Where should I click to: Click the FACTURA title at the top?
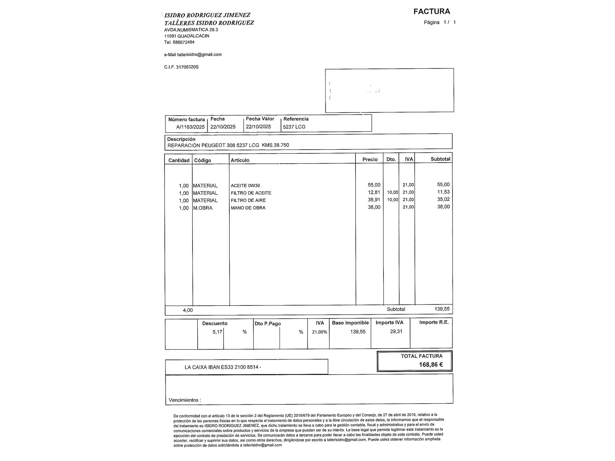[x=431, y=12]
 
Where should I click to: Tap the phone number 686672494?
[x=184, y=42]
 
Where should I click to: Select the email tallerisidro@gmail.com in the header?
[x=199, y=55]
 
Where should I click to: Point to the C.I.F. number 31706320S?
[x=187, y=67]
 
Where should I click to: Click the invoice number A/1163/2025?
[x=190, y=127]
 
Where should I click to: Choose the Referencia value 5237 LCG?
[x=294, y=127]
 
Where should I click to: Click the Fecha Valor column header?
[x=260, y=119]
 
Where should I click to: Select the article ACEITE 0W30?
[x=245, y=186]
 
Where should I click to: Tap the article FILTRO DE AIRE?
[x=248, y=200]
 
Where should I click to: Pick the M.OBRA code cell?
[x=203, y=208]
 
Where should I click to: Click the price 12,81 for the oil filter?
[x=374, y=192]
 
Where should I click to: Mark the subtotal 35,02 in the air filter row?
[x=443, y=199]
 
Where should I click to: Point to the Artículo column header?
[x=240, y=160]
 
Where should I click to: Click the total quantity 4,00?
[x=188, y=310]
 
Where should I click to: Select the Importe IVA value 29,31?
[x=396, y=332]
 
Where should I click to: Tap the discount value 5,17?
[x=217, y=332]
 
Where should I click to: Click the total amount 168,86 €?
[x=431, y=365]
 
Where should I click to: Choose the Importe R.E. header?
[x=434, y=322]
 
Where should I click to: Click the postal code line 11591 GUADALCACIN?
[x=187, y=36]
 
